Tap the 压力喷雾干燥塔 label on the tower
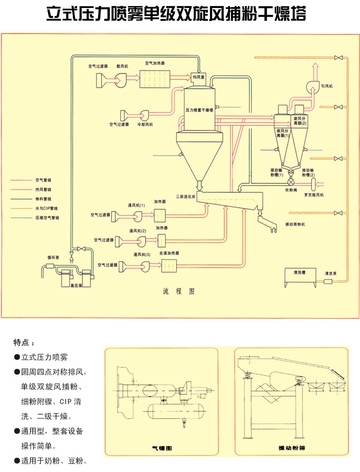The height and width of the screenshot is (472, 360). (199, 109)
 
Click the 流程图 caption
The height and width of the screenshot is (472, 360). (179, 291)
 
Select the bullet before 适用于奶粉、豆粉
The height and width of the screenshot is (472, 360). (17, 461)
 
